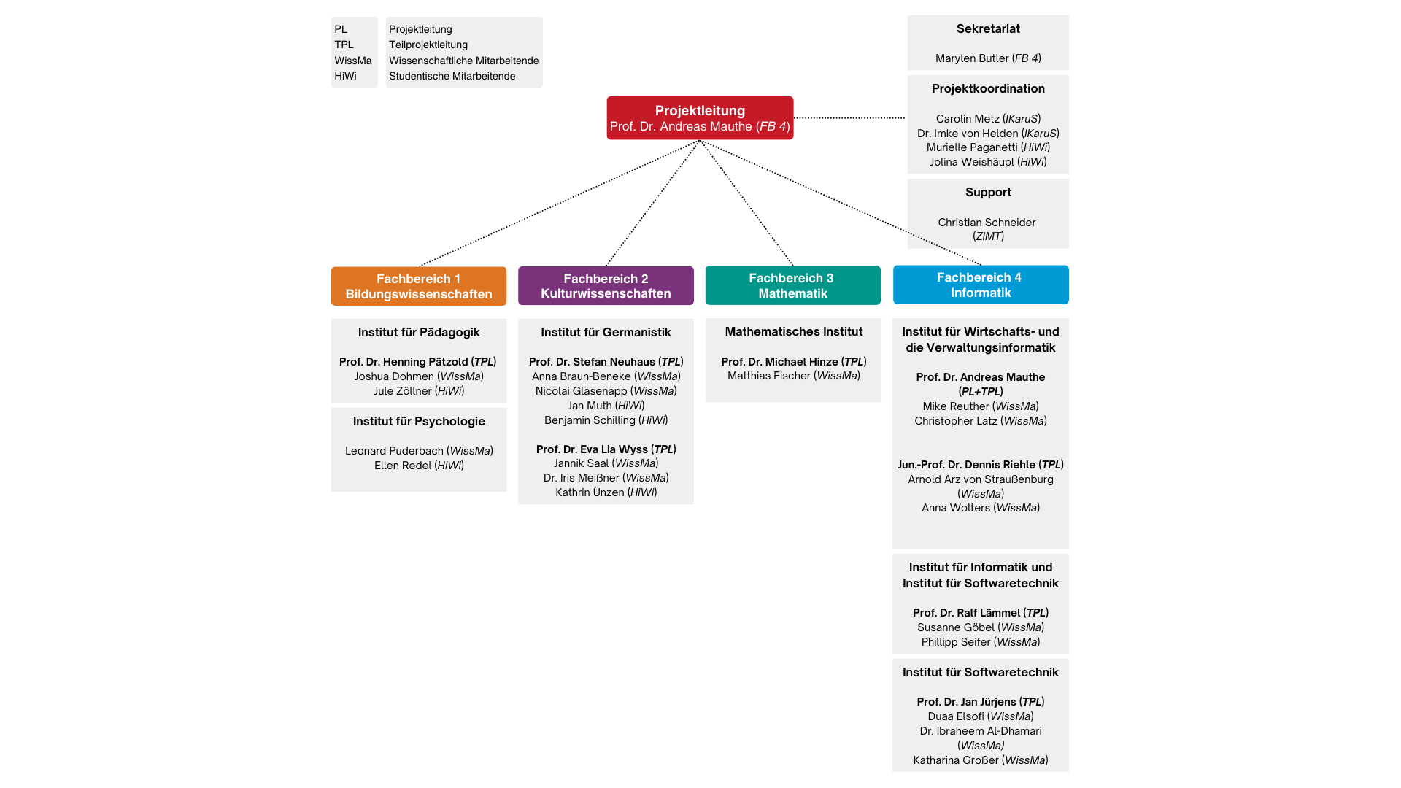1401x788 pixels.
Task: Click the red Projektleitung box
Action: pyautogui.click(x=700, y=118)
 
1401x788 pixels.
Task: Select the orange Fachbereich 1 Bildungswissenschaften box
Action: pyautogui.click(x=419, y=286)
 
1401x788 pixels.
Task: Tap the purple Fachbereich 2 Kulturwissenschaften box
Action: pyautogui.click(x=606, y=285)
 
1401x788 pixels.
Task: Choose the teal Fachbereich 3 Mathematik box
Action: pyautogui.click(x=793, y=285)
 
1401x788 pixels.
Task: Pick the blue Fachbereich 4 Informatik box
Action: pyautogui.click(x=981, y=285)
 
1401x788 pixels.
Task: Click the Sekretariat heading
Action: pyautogui.click(x=988, y=29)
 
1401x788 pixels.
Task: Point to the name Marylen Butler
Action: pyautogui.click(x=972, y=58)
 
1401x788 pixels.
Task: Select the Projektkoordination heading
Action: pyautogui.click(x=988, y=89)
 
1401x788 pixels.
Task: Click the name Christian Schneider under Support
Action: pyautogui.click(x=987, y=223)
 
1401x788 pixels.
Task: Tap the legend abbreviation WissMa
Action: pyautogui.click(x=353, y=61)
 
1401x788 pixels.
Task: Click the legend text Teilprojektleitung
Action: pyautogui.click(x=428, y=45)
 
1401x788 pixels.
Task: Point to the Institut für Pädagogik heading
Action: pyautogui.click(x=419, y=333)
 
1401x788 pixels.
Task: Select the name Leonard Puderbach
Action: pyautogui.click(x=394, y=451)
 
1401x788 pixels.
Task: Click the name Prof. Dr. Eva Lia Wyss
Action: pyautogui.click(x=592, y=449)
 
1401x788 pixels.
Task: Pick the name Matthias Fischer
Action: pyautogui.click(x=769, y=376)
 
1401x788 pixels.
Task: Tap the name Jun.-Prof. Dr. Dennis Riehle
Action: pyautogui.click(x=966, y=465)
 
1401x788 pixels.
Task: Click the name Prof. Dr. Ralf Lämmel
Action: pyautogui.click(x=966, y=613)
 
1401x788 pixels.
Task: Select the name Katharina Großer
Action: pyautogui.click(x=955, y=760)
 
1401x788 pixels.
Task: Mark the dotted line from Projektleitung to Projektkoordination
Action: pyautogui.click(x=849, y=118)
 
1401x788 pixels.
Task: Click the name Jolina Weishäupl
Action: pyautogui.click(x=972, y=162)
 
